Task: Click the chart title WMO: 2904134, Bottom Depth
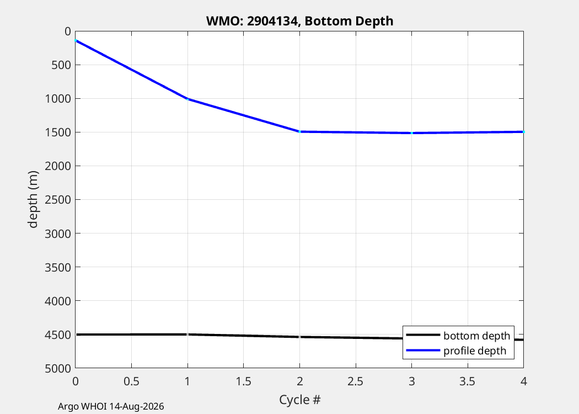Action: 299,21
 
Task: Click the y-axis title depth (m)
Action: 33,200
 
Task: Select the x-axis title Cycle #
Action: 299,400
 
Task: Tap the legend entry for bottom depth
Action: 458,335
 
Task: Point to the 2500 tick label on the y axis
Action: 57,200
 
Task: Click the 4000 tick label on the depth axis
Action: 57,301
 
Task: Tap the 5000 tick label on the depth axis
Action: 57,368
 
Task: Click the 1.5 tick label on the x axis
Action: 243,381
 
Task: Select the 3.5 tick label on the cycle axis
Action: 468,381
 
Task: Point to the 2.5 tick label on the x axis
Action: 356,381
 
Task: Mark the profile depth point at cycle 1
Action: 187,99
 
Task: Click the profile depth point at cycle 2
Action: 299,131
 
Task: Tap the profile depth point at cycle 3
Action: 412,133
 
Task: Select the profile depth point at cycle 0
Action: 76,40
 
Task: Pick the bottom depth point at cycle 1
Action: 187,334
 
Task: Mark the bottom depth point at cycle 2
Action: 299,337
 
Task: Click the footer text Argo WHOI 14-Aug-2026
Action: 111,407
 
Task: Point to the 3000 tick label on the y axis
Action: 57,233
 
